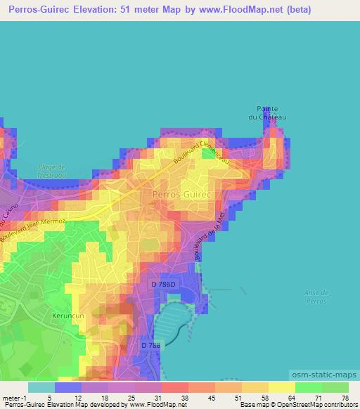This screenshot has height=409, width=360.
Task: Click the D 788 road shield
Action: [x=150, y=345]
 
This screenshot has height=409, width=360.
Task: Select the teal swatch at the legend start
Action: [x=41, y=387]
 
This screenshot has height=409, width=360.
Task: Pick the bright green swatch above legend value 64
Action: [x=308, y=387]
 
